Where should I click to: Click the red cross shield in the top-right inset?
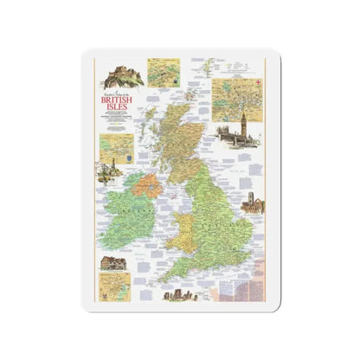[x=220, y=82]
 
